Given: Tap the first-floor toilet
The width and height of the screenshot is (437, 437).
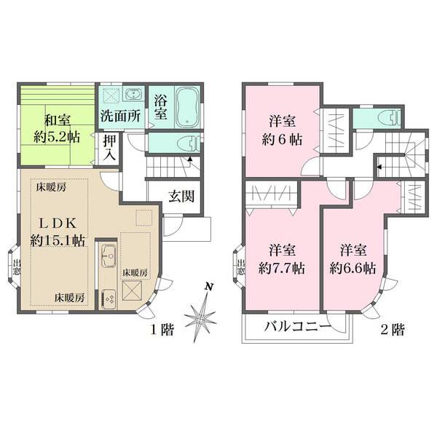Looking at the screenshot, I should pos(182,143).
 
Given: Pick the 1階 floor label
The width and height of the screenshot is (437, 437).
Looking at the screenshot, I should pos(161,330).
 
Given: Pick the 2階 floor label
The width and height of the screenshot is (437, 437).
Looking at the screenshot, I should pos(391,330).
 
